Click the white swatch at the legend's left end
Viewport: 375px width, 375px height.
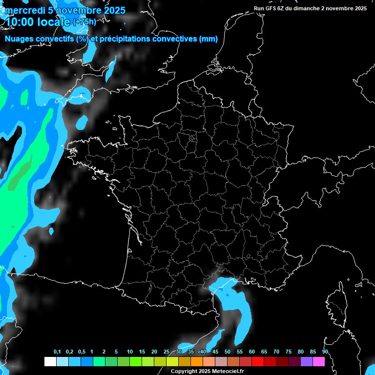[50, 362]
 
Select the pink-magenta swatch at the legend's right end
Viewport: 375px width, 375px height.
[319, 362]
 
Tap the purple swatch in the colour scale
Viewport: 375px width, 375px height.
[307, 362]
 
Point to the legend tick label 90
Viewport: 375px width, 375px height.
[325, 352]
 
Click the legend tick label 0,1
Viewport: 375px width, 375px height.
[57, 352]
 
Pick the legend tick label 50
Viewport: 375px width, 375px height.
[228, 352]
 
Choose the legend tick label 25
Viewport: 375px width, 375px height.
[167, 352]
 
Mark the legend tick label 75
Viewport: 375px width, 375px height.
[289, 352]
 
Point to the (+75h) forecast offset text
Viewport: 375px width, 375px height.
[84, 22]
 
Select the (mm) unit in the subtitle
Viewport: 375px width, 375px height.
[208, 39]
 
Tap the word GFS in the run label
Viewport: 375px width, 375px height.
[271, 8]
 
